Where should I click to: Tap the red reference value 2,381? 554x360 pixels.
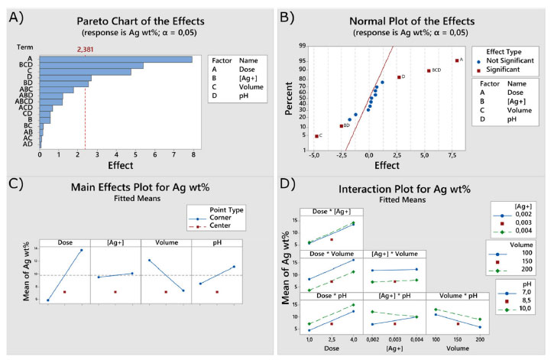pos(86,50)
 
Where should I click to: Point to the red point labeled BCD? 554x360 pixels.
pos(429,71)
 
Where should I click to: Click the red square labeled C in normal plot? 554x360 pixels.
pos(316,136)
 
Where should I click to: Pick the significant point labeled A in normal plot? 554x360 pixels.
pos(457,60)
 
